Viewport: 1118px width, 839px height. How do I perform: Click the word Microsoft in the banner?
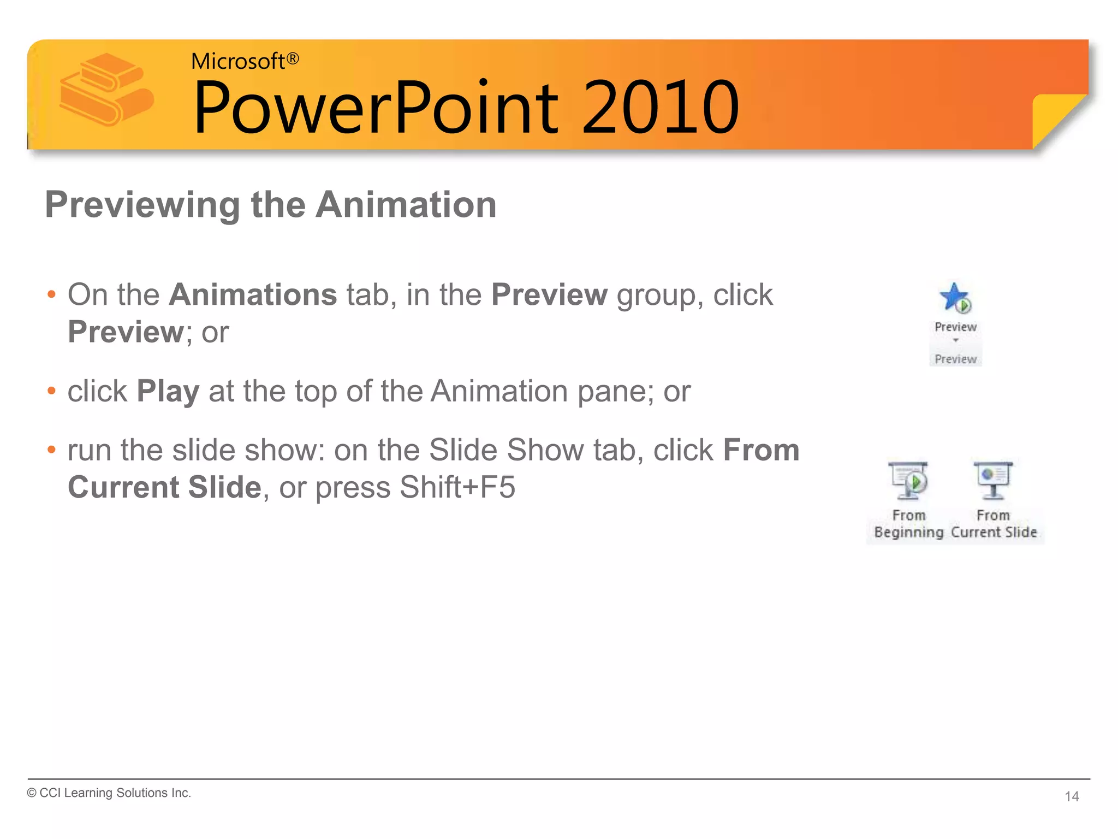click(238, 61)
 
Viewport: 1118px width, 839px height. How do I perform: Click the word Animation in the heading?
click(406, 205)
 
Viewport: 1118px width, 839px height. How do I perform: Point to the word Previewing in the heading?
click(142, 205)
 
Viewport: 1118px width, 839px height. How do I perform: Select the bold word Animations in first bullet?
click(253, 295)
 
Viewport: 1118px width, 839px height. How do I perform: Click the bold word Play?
click(168, 392)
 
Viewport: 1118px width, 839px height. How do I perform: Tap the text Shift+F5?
click(457, 487)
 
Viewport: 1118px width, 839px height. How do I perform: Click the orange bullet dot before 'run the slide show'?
click(52, 450)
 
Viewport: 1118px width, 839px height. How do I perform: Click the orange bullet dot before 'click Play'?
click(52, 391)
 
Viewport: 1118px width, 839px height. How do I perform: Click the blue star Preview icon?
click(954, 298)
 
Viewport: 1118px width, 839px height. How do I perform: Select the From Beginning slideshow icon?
click(908, 481)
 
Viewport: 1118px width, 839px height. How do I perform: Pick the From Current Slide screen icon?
click(993, 481)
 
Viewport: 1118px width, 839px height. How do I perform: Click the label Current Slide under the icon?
click(994, 532)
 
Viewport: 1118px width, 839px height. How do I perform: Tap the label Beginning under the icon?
click(908, 532)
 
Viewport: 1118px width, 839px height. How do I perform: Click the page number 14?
click(1072, 796)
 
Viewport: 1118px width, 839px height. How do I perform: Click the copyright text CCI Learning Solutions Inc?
click(109, 793)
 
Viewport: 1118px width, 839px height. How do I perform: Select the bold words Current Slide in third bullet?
click(164, 487)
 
